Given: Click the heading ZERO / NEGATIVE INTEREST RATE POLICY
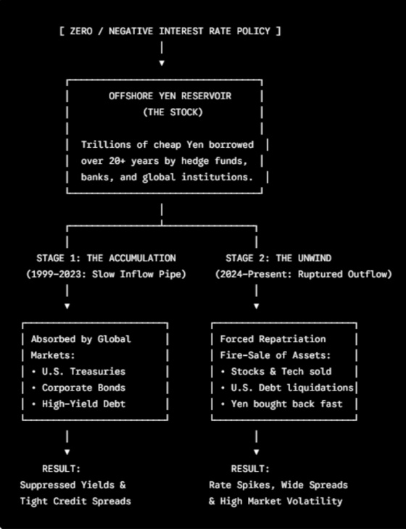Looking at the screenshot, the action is [x=170, y=31].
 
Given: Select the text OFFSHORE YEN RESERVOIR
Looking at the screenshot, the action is [x=170, y=96].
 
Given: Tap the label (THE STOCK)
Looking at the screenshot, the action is [x=173, y=112].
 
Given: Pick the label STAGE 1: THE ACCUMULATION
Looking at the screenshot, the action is [x=106, y=258].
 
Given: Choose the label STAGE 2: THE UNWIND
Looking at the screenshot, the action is [x=278, y=258].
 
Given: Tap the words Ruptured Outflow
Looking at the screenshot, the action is [x=342, y=275].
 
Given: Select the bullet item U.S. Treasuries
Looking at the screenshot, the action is [x=83, y=372].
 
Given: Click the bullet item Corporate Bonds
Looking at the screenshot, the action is [x=83, y=388].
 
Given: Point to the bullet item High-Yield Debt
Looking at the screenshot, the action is [x=83, y=404].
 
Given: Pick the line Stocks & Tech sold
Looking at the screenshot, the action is [x=281, y=372].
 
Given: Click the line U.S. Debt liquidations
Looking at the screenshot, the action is [x=292, y=388].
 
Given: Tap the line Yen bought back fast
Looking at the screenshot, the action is [x=286, y=404].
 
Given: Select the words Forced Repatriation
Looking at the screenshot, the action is [x=273, y=339].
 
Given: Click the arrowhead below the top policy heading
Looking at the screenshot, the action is [x=162, y=63].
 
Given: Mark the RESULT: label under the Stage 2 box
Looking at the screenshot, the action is [x=250, y=469].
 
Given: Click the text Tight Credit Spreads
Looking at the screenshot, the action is [x=75, y=501].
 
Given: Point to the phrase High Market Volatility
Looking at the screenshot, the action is [x=281, y=501].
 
